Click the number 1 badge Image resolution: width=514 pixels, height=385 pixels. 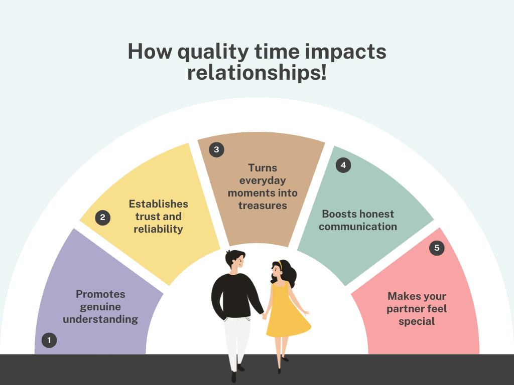(49, 340)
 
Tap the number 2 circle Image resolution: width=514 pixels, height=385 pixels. (102, 218)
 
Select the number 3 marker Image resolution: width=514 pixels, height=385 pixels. (216, 149)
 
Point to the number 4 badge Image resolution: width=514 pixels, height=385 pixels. (343, 165)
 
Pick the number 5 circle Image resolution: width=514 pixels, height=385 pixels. (437, 248)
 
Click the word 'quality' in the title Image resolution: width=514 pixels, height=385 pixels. (213, 52)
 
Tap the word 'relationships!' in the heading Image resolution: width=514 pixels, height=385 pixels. (257, 73)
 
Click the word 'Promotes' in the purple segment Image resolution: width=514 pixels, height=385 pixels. (100, 294)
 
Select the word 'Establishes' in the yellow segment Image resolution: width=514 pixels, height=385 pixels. (158, 204)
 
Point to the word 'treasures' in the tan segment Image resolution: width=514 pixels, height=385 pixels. (263, 206)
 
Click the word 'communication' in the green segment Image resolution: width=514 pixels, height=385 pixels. (357, 226)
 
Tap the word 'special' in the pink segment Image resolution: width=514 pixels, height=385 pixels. (417, 322)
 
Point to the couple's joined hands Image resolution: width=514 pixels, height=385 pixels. (264, 316)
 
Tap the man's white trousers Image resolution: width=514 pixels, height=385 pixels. (237, 340)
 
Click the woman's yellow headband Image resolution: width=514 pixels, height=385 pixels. (280, 264)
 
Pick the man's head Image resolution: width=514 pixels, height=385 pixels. (235, 260)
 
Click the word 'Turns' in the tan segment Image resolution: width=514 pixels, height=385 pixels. (263, 168)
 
